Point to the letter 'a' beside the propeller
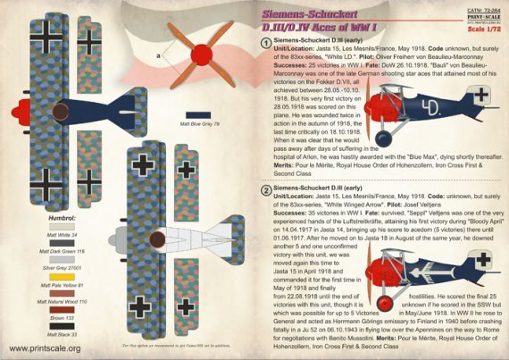pyautogui.click(x=158, y=56)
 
